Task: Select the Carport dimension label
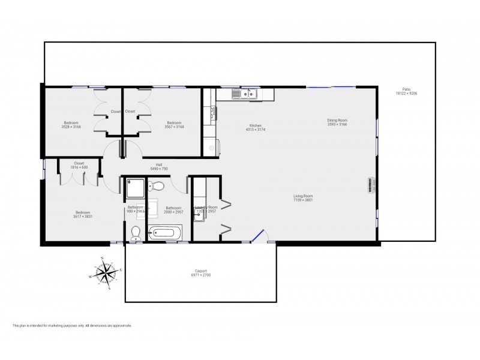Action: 200,272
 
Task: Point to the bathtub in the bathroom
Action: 165,233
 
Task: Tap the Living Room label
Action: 302,197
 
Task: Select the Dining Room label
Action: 337,122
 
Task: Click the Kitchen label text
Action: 256,127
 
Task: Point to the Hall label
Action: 159,166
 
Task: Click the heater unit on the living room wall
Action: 370,185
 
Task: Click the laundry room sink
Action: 200,214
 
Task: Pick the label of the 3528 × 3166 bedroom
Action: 70,124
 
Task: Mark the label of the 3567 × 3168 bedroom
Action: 175,124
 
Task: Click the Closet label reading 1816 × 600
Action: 79,164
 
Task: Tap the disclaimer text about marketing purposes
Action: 72,326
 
